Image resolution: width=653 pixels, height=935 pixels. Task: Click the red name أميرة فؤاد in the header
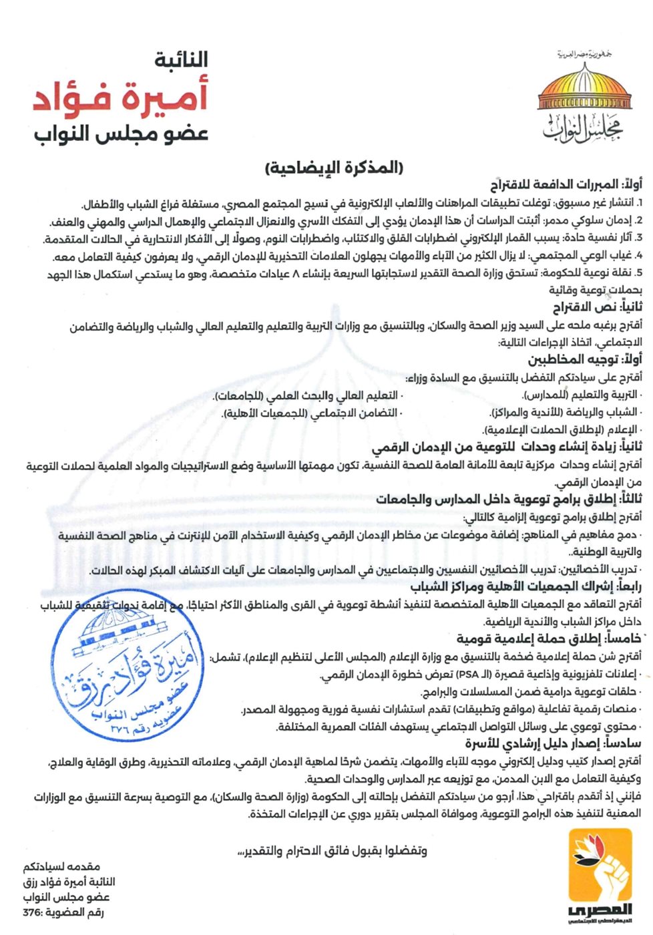(x=121, y=96)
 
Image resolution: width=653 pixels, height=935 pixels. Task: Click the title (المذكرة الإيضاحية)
(x=335, y=167)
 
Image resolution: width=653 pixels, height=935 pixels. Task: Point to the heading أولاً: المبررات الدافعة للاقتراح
(x=566, y=185)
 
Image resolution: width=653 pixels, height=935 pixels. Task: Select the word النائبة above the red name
(x=182, y=60)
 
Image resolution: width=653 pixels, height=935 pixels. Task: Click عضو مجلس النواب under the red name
(x=122, y=133)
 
